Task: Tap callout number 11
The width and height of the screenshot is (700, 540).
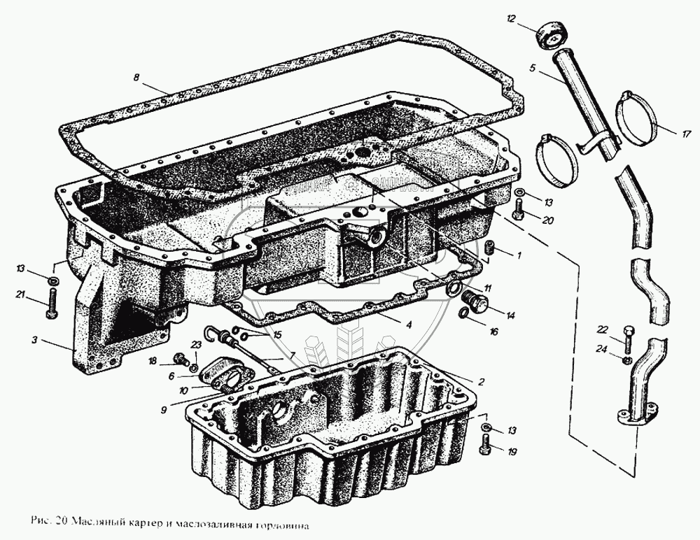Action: (487, 287)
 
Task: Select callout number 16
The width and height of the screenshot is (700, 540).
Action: (494, 332)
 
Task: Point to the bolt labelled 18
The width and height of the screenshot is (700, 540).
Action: (181, 361)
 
